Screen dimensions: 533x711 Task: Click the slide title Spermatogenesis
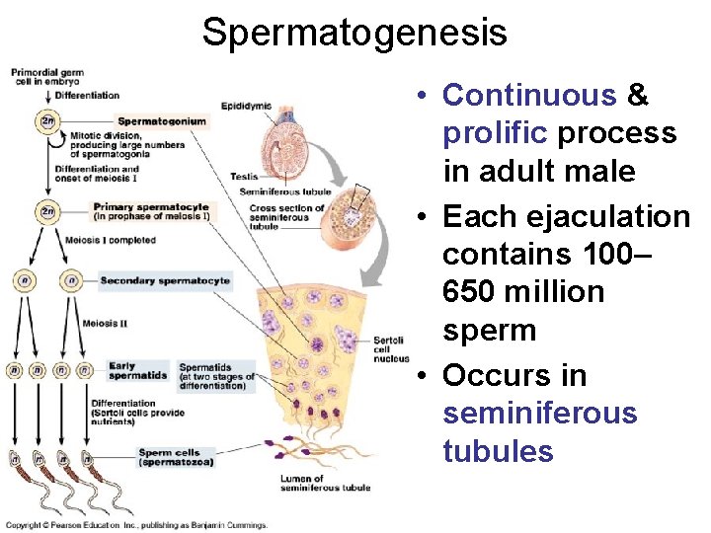355,33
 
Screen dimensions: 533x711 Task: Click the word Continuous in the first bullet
529,96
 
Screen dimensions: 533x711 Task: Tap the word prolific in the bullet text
495,133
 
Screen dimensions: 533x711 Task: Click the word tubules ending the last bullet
498,451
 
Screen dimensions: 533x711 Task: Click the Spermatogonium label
161,121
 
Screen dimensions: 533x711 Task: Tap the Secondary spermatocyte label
165,281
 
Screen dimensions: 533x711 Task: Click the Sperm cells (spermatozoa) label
175,457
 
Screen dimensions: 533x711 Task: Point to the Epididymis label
246,106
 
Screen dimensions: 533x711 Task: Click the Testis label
244,177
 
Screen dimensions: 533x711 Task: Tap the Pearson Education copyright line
135,526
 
